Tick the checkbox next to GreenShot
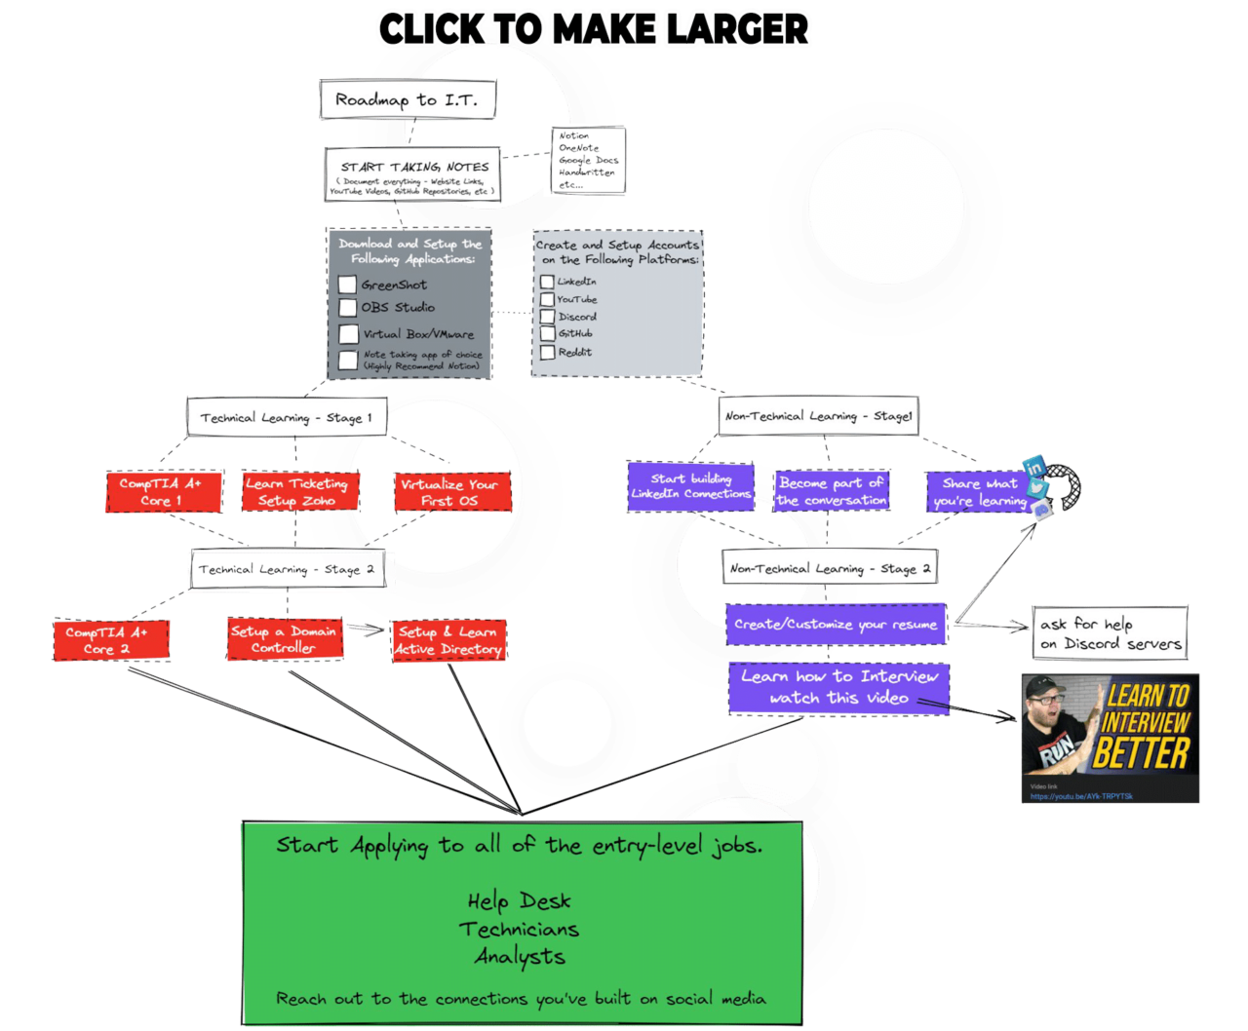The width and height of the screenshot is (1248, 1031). pos(347,285)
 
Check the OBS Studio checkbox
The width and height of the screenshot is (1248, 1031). pos(347,308)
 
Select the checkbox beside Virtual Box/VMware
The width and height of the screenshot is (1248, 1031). pos(348,334)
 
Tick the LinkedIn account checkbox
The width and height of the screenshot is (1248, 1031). pos(547,282)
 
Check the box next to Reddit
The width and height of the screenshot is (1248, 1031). pos(547,352)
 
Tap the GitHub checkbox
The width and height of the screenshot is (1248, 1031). pos(547,334)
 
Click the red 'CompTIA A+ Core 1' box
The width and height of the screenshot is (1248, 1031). pos(160,492)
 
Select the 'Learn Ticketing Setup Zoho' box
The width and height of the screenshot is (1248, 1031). pos(296,492)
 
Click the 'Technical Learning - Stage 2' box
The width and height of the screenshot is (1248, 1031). pos(287,570)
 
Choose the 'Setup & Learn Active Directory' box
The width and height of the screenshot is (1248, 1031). pos(448,640)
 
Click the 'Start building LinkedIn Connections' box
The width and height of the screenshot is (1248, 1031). pos(690,486)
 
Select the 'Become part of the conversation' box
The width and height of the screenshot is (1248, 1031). pos(831,491)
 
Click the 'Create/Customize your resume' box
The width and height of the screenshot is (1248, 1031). pos(836,625)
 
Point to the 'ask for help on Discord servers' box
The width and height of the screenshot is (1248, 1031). pos(1110,633)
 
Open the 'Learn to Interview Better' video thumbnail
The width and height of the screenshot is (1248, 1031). pos(1110,726)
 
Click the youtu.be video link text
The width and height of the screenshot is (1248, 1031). pos(1081,796)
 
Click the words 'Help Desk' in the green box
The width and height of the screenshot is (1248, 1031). pos(519,901)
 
